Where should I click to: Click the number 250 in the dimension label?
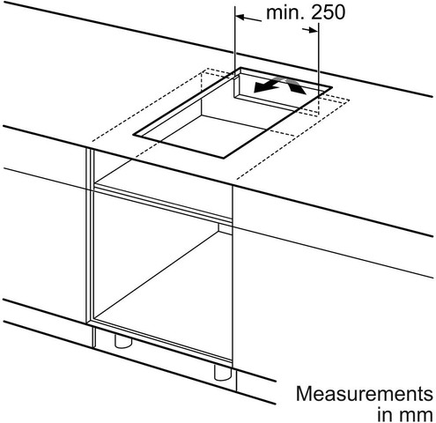point(328,12)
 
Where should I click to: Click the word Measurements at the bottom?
point(365,394)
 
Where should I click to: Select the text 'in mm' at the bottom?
point(405,415)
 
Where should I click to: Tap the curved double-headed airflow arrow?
point(279,85)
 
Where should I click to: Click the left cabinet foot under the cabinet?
point(123,341)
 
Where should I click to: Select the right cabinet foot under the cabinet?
point(223,373)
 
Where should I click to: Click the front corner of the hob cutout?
point(224,158)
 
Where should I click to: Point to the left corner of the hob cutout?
point(134,135)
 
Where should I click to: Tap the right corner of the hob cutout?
point(332,87)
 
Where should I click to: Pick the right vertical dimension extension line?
point(319,68)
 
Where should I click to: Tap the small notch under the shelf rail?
point(225,228)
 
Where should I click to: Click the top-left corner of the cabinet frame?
point(86,148)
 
